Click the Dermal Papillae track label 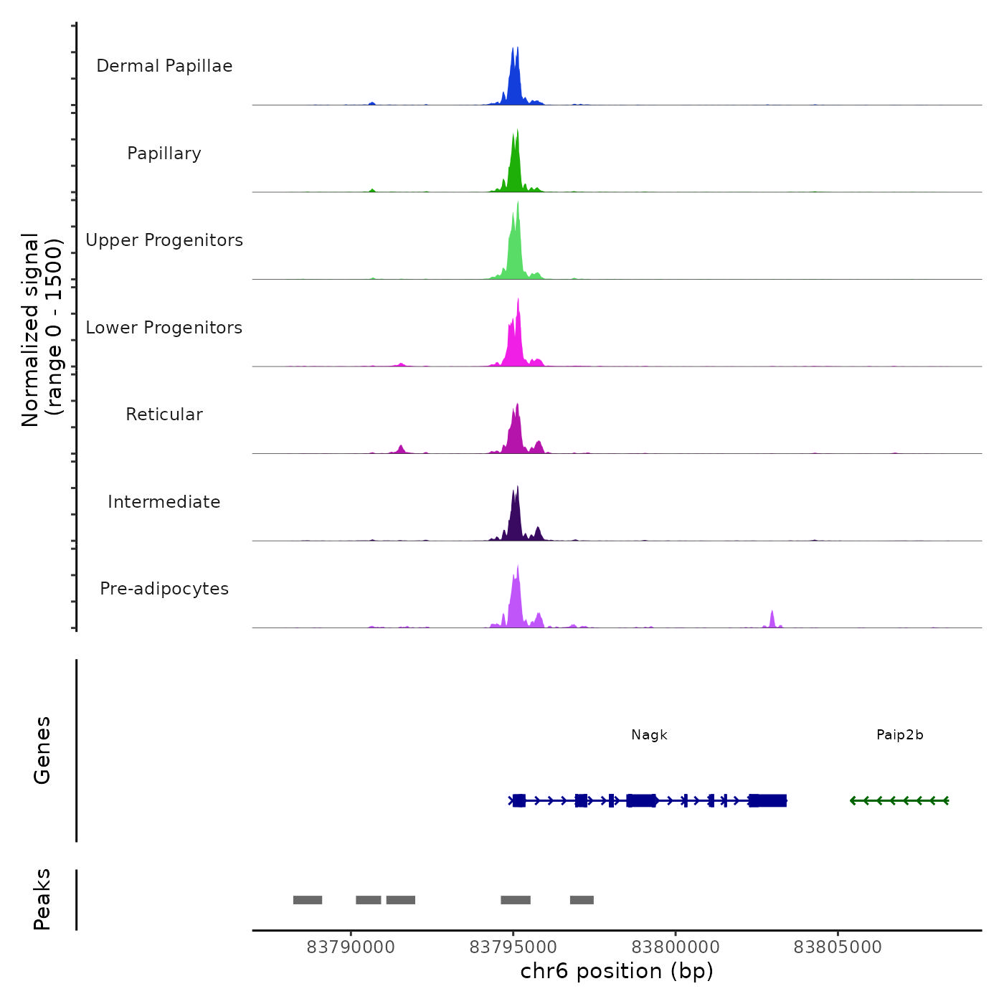(164, 66)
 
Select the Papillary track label (164, 153)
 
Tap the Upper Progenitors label (164, 240)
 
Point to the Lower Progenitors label (164, 328)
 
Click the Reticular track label (164, 415)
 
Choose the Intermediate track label (164, 502)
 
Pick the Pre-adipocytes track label (164, 589)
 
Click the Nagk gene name (649, 735)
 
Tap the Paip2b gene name (899, 735)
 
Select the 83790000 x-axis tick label (351, 947)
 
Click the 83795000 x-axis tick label (513, 947)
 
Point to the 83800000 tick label (676, 947)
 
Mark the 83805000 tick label (838, 947)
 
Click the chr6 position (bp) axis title (617, 971)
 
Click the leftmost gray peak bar (308, 900)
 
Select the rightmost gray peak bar (582, 900)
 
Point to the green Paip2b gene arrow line (899, 800)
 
